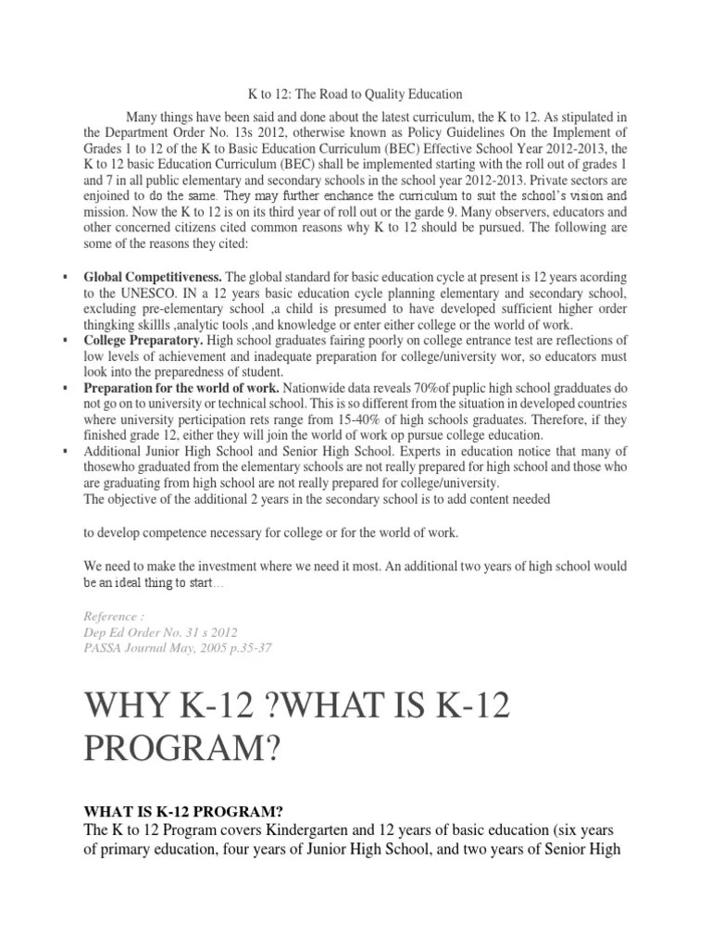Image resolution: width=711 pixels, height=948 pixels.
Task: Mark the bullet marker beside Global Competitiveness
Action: pyautogui.click(x=65, y=277)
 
